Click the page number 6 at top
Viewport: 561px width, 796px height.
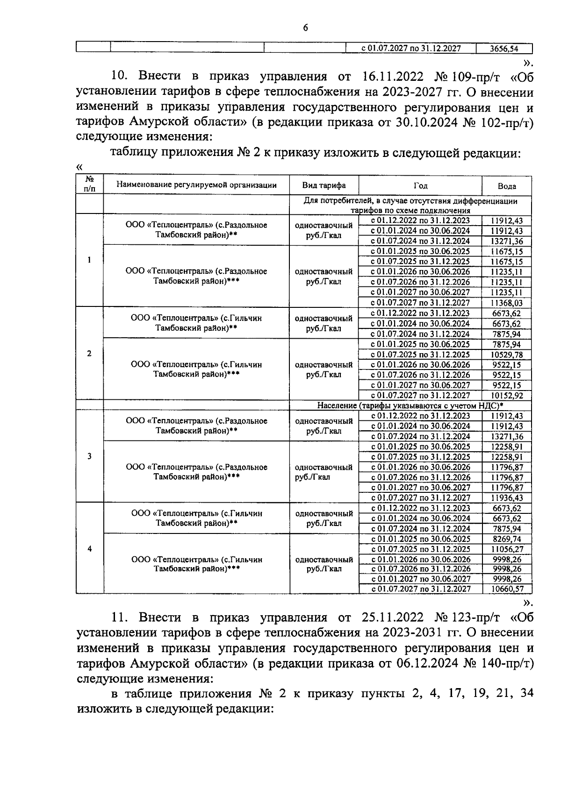pos(305,28)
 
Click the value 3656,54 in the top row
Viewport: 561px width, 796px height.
pos(504,49)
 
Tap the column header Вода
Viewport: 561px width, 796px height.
pos(507,186)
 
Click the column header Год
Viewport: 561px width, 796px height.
pos(420,185)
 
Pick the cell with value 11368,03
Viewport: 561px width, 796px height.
pos(507,303)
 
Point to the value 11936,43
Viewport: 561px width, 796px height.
pos(507,498)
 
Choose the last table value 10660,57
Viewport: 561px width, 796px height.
pos(507,590)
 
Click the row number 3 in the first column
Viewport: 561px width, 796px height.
pos(89,456)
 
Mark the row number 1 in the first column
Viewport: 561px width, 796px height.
pos(89,260)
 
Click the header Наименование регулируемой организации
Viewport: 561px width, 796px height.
pos(196,185)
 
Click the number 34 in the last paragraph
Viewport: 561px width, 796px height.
pos(526,694)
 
